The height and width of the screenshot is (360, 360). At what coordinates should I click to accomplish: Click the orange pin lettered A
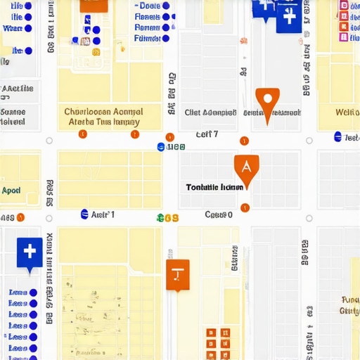[x=245, y=166]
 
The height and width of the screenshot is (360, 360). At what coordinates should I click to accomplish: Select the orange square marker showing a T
[x=177, y=273]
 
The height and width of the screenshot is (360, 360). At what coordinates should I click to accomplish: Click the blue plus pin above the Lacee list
[x=29, y=252]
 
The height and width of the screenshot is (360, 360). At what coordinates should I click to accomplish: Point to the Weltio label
[x=347, y=112]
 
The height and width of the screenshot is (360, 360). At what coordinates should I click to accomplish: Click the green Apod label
[x=11, y=191]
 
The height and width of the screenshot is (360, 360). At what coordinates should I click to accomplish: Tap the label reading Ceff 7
[x=207, y=134]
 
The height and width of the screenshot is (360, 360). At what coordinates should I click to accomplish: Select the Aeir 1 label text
[x=103, y=214]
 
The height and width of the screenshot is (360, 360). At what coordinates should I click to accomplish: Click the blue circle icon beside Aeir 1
[x=85, y=214]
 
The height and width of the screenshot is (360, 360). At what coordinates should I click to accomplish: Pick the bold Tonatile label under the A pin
[x=215, y=188]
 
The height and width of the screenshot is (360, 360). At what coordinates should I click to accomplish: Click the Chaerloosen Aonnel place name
[x=103, y=112]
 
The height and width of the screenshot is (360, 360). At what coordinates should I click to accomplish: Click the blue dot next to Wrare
[x=28, y=29]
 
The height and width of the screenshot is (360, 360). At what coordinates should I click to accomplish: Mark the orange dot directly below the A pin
[x=245, y=207]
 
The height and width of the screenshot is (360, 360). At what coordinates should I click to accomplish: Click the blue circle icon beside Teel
[x=338, y=137]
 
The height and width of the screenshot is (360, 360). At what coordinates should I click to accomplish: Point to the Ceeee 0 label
[x=219, y=214]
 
